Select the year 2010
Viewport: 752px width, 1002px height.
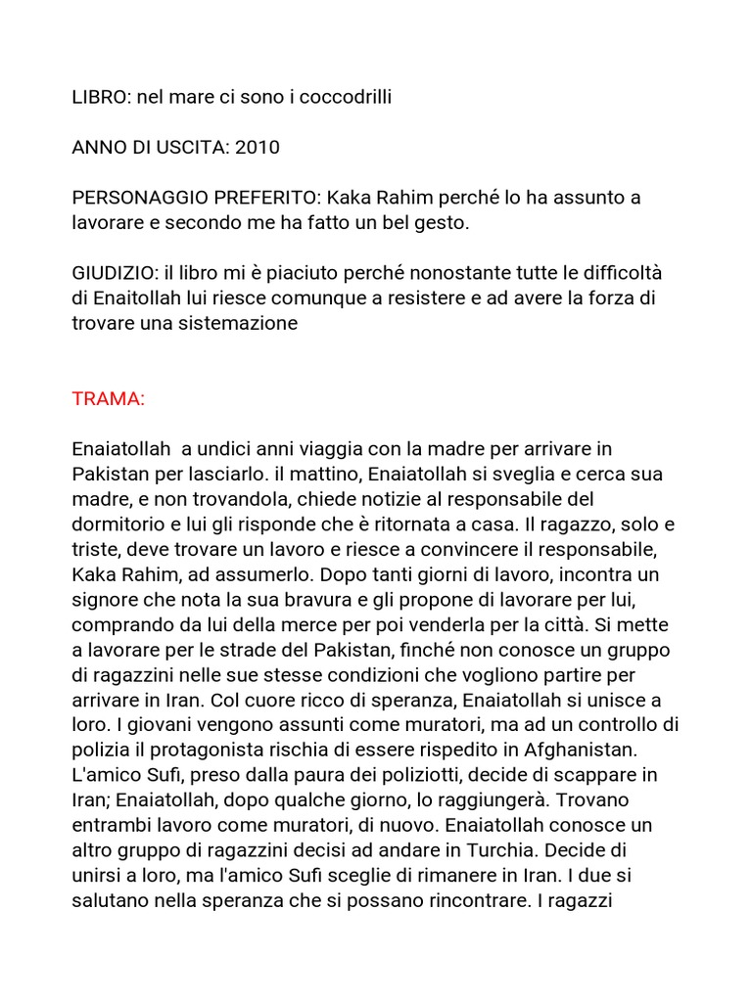(258, 148)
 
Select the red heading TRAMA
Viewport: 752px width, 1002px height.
(109, 399)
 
